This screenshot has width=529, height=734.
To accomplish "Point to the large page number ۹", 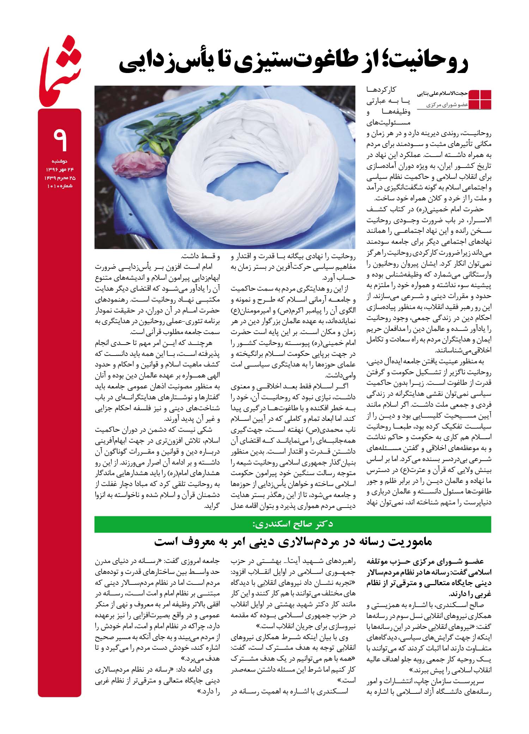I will click(60, 139).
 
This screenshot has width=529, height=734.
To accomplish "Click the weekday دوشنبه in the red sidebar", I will click(60, 161).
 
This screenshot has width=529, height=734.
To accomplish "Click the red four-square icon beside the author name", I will click(480, 99).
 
